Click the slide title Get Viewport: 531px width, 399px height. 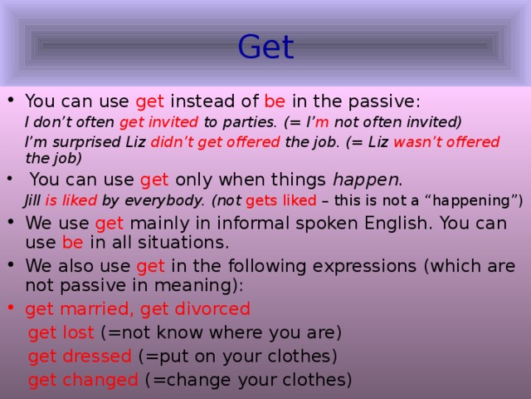click(265, 47)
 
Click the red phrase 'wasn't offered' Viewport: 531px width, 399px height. click(446, 142)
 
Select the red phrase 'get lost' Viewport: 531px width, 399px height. click(61, 332)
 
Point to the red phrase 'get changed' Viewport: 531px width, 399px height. click(83, 380)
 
